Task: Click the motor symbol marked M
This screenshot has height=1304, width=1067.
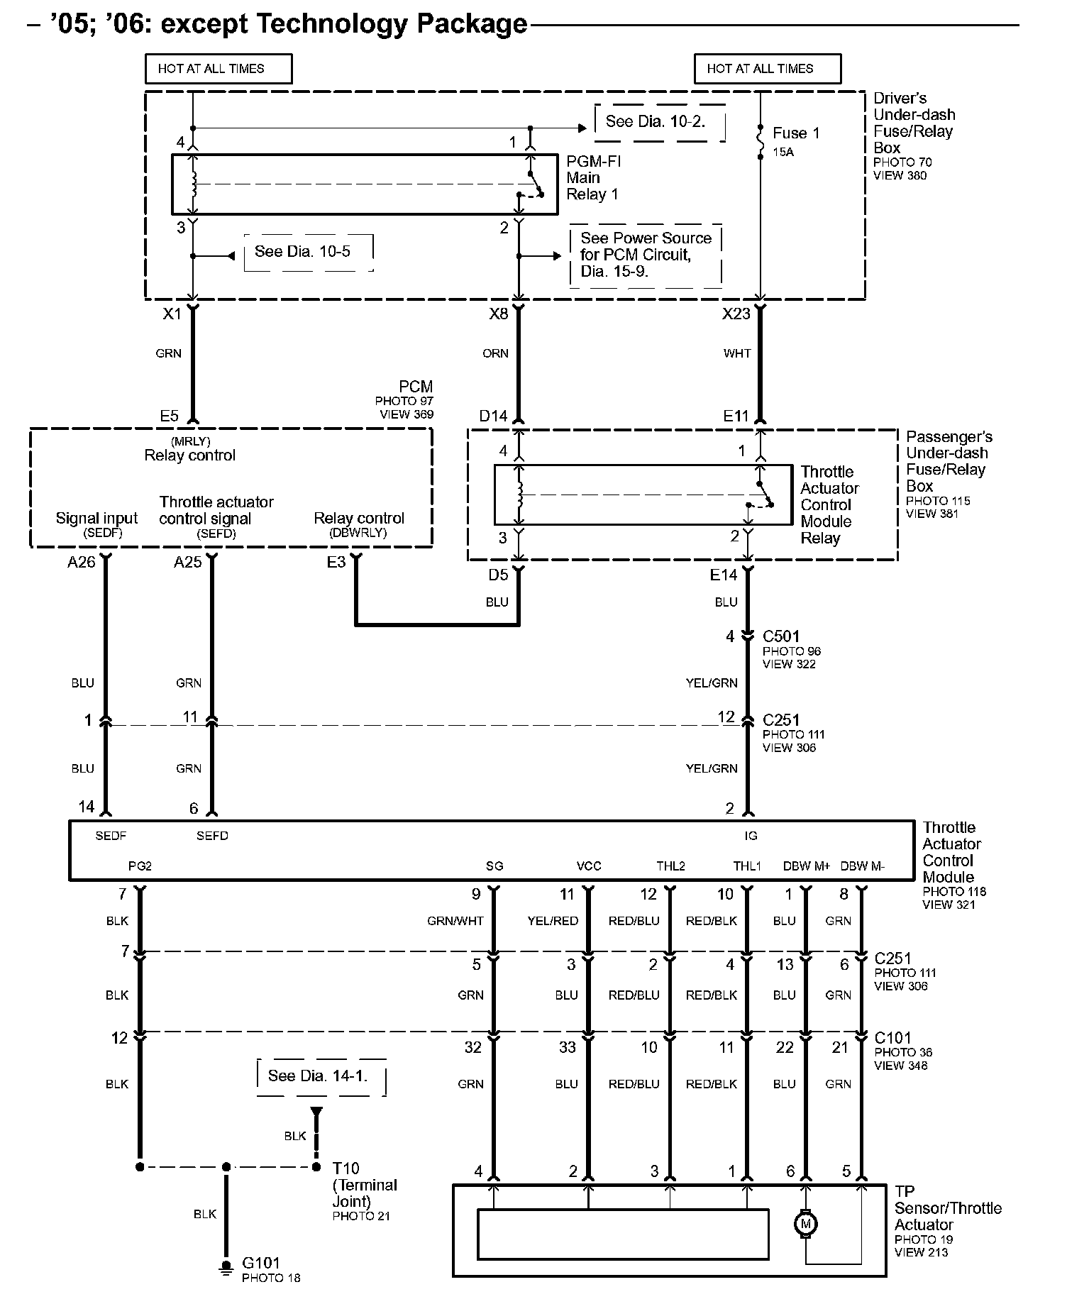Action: pos(805,1223)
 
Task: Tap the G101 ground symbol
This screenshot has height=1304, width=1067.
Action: pos(226,1268)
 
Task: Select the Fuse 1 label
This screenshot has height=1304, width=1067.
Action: pos(796,133)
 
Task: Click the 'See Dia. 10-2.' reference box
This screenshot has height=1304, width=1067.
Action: pos(656,122)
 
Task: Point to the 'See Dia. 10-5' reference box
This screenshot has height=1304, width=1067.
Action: pos(304,252)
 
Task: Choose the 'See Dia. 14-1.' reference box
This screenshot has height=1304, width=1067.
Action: pos(319,1076)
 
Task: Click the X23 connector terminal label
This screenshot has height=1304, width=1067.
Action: pos(736,314)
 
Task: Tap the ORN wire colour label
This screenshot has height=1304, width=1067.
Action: pos(495,353)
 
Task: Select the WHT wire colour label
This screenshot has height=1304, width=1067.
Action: pos(737,353)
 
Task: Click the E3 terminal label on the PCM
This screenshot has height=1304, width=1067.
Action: pos(336,562)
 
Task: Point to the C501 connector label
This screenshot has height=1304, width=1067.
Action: pos(781,636)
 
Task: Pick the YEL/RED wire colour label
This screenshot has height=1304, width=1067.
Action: pos(553,921)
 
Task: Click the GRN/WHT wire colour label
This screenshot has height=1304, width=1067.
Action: pos(455,921)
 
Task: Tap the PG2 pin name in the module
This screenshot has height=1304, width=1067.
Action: pos(140,866)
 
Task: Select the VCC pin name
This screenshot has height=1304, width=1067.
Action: pos(589,866)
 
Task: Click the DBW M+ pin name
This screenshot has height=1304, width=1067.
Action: pos(807,866)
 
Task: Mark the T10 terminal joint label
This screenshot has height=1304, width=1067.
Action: pos(346,1168)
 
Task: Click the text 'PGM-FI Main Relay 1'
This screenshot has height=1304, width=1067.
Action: pos(593,177)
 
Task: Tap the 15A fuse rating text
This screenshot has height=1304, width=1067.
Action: pos(783,152)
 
